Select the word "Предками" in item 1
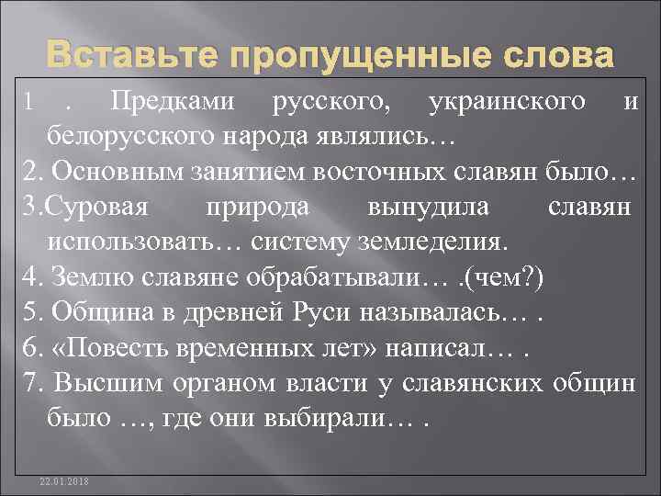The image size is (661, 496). [x=153, y=102]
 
